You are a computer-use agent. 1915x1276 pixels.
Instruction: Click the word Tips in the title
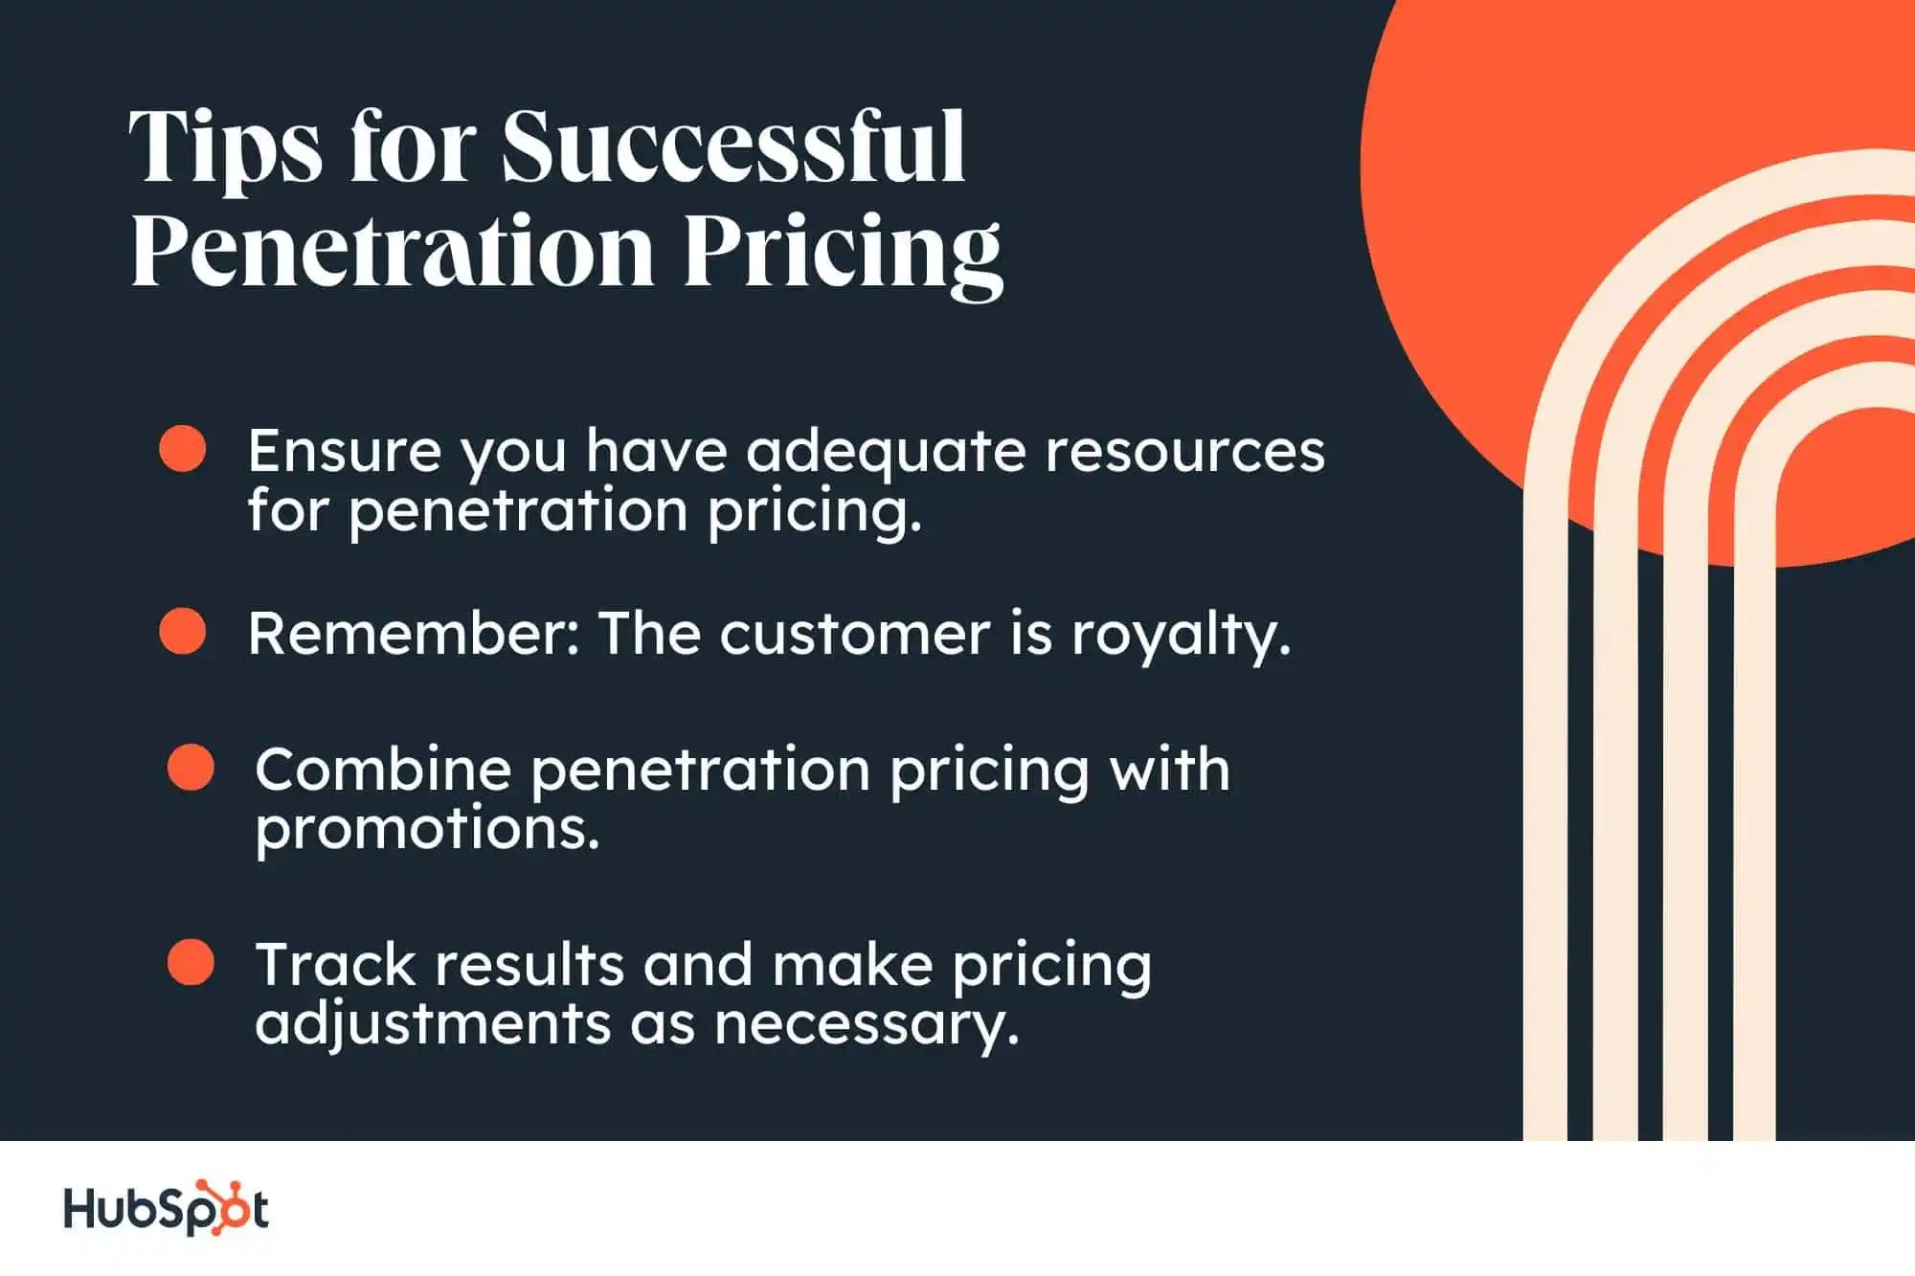point(226,148)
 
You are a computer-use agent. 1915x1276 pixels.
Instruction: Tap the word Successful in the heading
point(733,146)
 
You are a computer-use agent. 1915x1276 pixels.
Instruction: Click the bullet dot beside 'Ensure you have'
point(183,449)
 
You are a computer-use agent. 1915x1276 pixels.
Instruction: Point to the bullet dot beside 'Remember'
point(183,632)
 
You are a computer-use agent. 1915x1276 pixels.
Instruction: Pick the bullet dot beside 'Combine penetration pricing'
point(191,768)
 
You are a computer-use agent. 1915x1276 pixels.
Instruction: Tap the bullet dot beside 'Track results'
point(191,962)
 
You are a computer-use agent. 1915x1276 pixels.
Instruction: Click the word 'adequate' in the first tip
point(886,452)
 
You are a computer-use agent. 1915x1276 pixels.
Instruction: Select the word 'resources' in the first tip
point(1185,452)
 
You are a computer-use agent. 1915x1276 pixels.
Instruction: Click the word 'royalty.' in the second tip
point(1182,637)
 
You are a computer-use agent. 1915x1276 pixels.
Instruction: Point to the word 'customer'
point(855,635)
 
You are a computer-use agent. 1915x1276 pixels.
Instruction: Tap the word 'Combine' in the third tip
point(383,769)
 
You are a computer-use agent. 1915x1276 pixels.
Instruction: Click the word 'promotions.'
point(427,830)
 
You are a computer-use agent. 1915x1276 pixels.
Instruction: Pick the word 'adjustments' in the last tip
point(433,1025)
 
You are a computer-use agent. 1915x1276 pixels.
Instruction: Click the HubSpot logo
point(166,1208)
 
